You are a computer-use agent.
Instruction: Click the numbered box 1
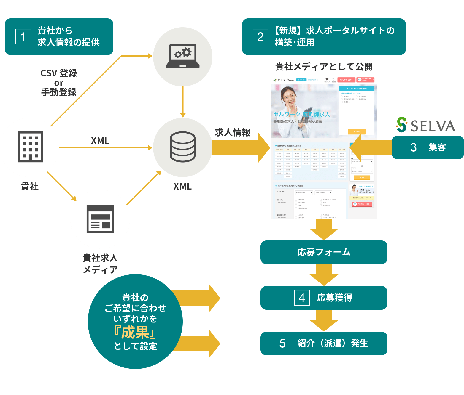coord(23,37)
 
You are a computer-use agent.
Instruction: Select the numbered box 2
coord(260,37)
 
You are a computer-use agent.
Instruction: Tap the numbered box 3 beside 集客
coord(414,147)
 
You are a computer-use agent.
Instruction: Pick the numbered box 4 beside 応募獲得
coord(302,298)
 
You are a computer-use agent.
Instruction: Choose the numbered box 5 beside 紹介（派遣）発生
coord(282,343)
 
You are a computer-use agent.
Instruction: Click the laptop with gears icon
coord(182,56)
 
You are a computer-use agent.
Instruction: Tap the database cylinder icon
coord(182,147)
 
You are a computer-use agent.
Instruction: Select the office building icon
coord(30,147)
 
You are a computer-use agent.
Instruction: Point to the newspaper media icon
coord(100,219)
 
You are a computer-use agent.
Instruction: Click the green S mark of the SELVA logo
coord(402,124)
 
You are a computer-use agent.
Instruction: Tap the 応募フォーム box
coord(324,252)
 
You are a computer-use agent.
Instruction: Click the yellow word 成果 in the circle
coord(135,333)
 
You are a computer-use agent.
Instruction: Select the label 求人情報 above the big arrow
coord(233,132)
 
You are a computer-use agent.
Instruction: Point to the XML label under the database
coord(182,186)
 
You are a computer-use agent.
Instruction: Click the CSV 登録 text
coord(59,73)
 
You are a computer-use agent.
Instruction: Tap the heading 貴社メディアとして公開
coord(324,67)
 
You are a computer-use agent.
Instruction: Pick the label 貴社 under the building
coord(30,187)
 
